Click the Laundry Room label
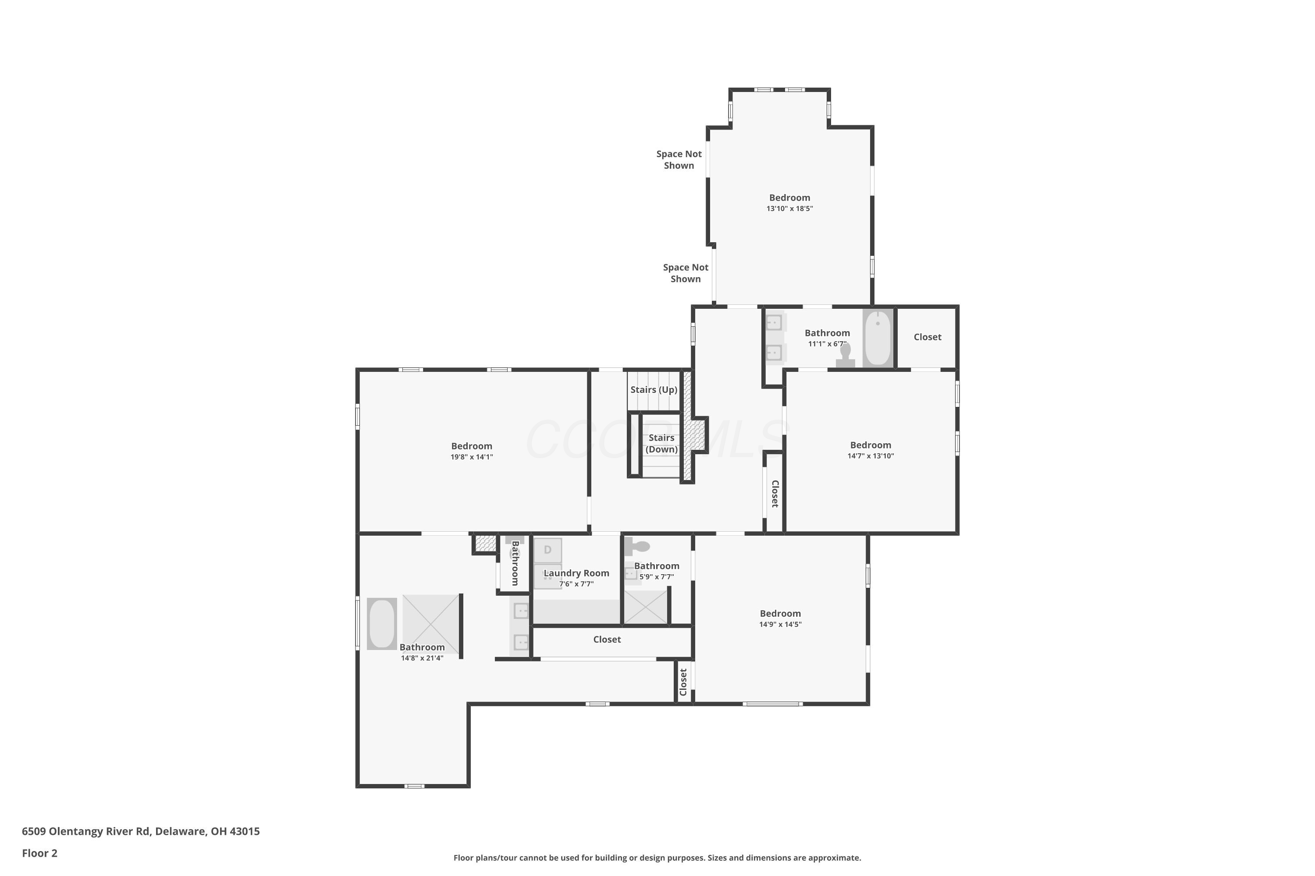click(x=576, y=573)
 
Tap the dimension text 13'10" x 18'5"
click(x=789, y=208)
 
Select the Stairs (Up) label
click(x=653, y=389)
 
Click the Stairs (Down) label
click(x=661, y=443)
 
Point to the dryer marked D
click(x=547, y=550)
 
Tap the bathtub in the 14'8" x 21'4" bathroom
click(x=382, y=623)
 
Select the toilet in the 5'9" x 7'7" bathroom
click(x=637, y=546)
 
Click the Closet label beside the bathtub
click(x=927, y=337)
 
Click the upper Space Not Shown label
click(x=678, y=159)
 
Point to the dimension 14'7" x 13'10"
click(x=870, y=456)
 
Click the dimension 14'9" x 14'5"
click(x=780, y=625)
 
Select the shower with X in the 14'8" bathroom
click(x=430, y=625)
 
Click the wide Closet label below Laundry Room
click(x=607, y=639)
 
